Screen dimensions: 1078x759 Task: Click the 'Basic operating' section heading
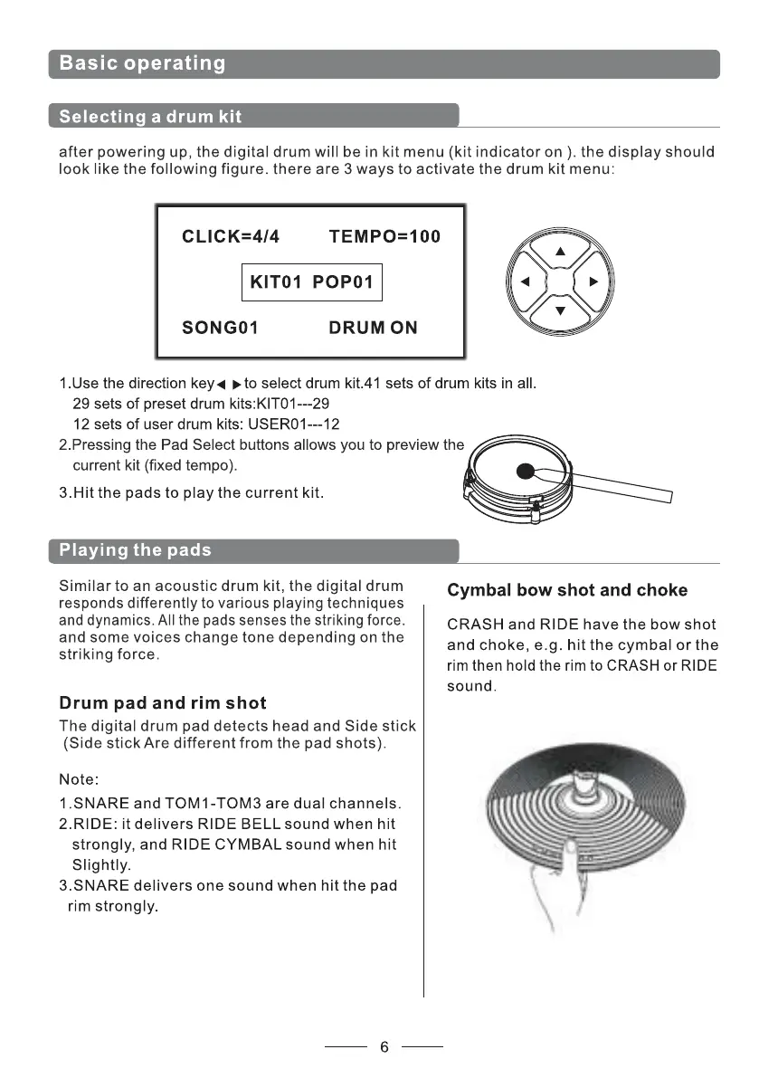[x=142, y=63]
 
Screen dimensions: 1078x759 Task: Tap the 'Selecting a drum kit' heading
[x=150, y=116]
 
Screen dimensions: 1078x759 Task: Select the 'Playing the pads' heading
[x=135, y=550]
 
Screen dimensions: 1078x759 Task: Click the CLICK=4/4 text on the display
[x=231, y=237]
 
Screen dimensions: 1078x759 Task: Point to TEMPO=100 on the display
[x=384, y=237]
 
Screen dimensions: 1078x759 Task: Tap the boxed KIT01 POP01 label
[x=311, y=282]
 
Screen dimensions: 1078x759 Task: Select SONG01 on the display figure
[x=221, y=328]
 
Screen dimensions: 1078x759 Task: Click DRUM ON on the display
[x=373, y=328]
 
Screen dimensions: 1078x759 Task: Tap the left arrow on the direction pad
[x=524, y=281]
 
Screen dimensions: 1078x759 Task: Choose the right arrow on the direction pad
[x=593, y=281]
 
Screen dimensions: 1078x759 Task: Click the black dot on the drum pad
[x=525, y=471]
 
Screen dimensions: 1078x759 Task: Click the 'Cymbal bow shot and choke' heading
[x=567, y=590]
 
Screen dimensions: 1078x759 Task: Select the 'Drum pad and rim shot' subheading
[x=163, y=702]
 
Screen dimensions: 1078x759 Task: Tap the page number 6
[x=384, y=1047]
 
